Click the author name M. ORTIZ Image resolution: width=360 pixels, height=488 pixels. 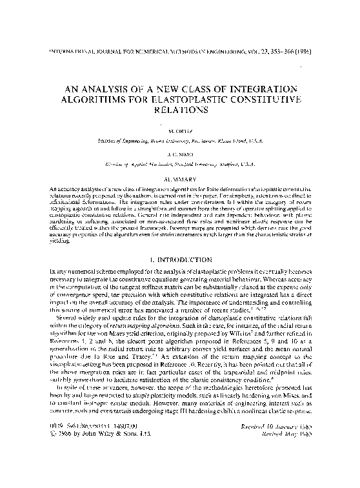coord(180,129)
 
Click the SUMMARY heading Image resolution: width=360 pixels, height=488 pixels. coord(180,176)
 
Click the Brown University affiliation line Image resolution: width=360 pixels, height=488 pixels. coord(180,137)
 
